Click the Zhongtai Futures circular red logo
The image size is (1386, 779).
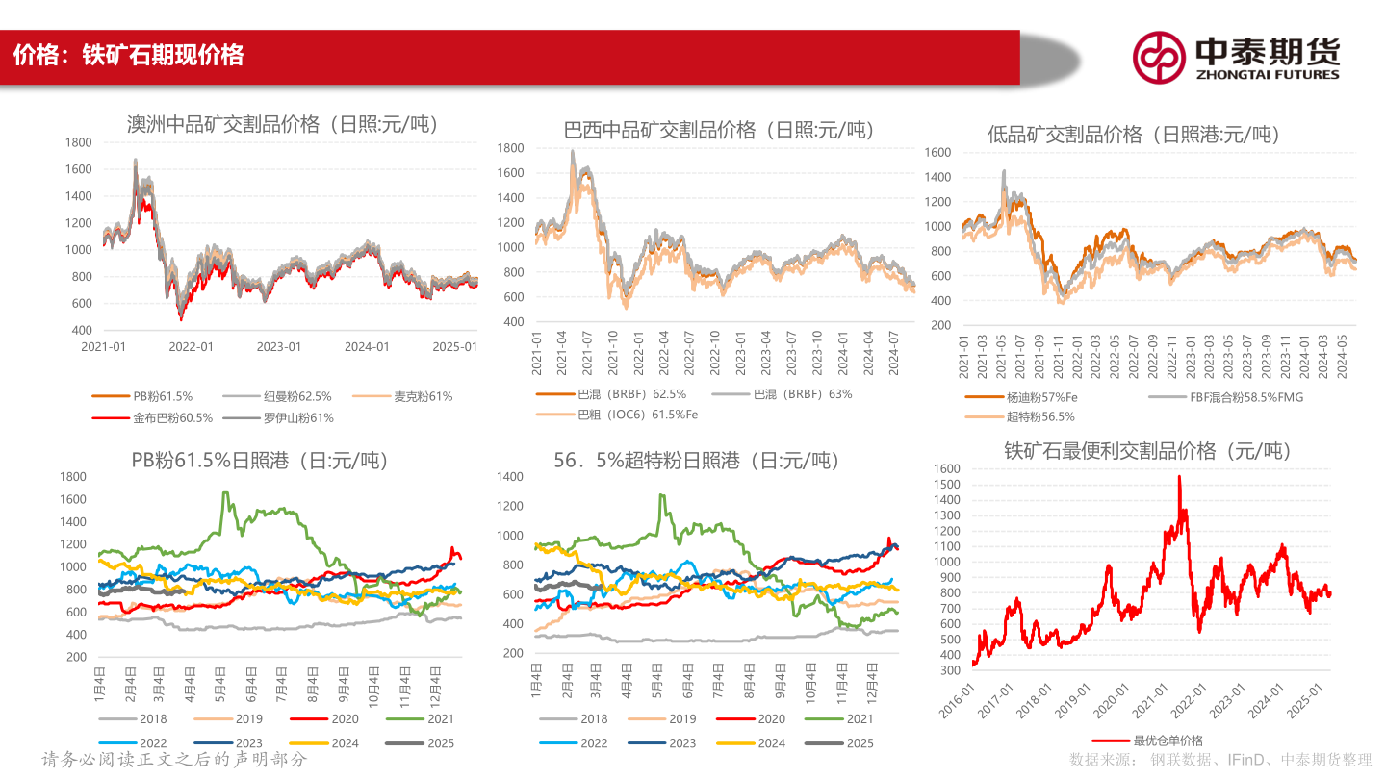(x=1159, y=58)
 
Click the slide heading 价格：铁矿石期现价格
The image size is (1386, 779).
(x=129, y=55)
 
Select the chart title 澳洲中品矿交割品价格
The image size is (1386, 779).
(x=223, y=124)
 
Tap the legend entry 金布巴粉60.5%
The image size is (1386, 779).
(x=152, y=418)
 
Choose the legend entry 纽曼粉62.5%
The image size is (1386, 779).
(x=277, y=396)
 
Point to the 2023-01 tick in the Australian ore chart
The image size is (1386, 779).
(x=279, y=347)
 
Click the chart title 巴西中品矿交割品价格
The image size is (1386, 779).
(x=659, y=130)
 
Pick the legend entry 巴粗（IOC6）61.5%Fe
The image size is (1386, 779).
(x=617, y=415)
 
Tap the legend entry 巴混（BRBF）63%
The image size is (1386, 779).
(x=783, y=394)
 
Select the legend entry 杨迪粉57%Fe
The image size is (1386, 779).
(x=1021, y=397)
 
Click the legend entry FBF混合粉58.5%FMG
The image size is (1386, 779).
(x=1226, y=397)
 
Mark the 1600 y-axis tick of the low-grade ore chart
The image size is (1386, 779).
(x=938, y=152)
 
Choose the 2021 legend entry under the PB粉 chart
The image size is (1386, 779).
(x=420, y=719)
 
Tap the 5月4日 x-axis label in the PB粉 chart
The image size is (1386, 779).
(x=219, y=684)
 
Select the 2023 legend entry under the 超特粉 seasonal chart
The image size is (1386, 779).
(x=661, y=743)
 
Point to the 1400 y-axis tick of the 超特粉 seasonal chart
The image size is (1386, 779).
(x=510, y=477)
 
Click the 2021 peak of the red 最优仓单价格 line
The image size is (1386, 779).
(x=1179, y=476)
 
